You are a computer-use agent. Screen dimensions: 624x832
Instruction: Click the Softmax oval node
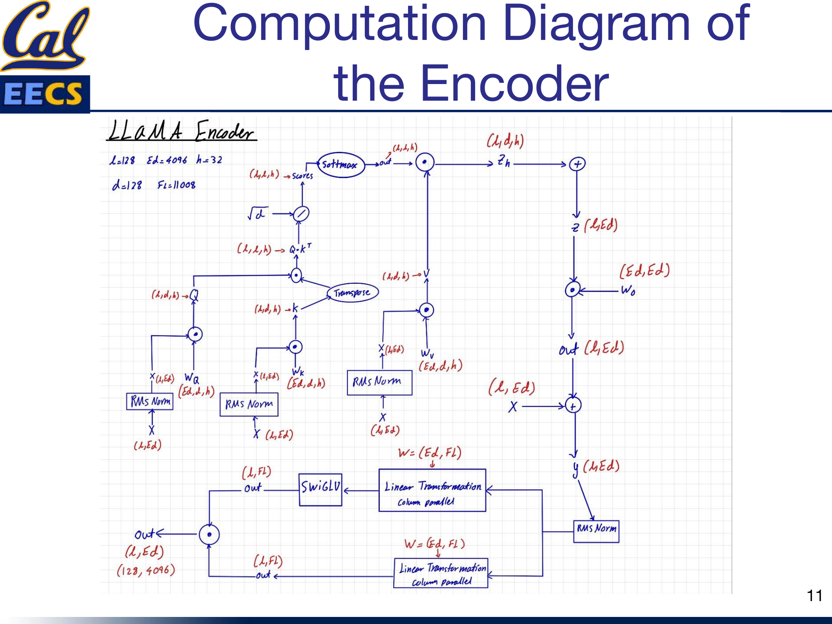[x=341, y=165]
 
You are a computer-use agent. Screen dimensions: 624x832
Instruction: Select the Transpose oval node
[x=352, y=292]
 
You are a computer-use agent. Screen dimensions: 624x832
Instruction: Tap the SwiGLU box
[x=320, y=489]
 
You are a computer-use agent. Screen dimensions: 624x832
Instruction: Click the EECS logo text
[x=44, y=94]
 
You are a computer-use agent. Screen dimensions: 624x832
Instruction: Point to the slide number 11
[x=814, y=596]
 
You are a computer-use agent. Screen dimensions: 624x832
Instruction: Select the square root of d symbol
[x=257, y=213]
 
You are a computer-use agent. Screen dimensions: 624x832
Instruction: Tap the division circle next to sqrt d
[x=301, y=214]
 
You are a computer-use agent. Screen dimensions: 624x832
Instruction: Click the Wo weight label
[x=628, y=290]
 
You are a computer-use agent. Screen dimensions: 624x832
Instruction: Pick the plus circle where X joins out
[x=573, y=406]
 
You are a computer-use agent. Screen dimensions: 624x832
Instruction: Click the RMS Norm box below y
[x=596, y=531]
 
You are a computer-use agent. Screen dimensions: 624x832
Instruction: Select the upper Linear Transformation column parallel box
[x=432, y=490]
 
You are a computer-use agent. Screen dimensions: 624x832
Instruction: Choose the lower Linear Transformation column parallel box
[x=441, y=572]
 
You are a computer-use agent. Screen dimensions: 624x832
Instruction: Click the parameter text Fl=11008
[x=176, y=185]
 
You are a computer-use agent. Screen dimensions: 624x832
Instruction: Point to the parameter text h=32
[x=209, y=160]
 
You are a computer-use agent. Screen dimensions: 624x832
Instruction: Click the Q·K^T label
[x=300, y=249]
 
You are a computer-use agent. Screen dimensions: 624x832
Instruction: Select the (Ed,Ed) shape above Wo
[x=644, y=271]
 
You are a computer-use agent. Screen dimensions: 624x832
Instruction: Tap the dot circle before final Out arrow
[x=209, y=535]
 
